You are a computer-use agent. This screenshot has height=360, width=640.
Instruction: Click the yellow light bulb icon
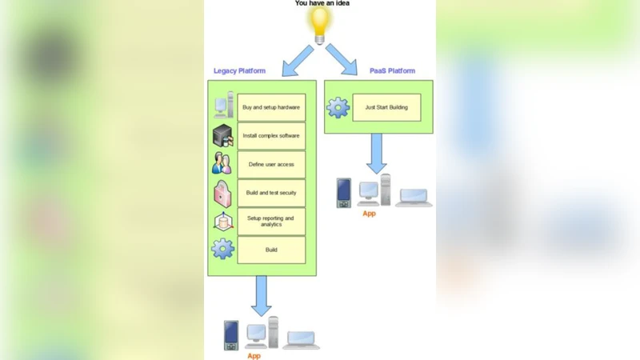point(321,25)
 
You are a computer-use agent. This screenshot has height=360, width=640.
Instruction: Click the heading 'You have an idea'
point(322,3)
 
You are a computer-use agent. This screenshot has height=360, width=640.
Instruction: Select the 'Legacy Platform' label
point(239,71)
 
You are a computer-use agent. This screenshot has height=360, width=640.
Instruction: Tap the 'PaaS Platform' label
point(392,71)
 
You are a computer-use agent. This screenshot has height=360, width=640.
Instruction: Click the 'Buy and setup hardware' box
point(271,107)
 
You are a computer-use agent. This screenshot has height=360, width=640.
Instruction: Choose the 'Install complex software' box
point(271,136)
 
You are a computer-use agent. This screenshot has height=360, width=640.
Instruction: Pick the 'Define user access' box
point(271,165)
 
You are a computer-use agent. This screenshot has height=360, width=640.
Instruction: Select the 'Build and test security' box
point(271,193)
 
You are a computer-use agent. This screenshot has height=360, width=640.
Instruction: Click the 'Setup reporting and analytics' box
point(271,222)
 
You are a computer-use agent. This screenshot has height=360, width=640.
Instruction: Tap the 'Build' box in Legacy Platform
point(271,250)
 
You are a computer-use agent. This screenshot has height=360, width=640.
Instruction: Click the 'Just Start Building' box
point(386,107)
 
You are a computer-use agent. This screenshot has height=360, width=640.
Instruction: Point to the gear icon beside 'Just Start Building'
point(338,107)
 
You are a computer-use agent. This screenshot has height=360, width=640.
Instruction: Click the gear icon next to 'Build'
point(222,249)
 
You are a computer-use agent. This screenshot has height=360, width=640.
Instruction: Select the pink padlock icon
point(222,193)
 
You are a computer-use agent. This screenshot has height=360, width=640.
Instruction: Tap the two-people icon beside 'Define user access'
point(222,164)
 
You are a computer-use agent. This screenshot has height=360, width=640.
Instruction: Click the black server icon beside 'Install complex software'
point(222,136)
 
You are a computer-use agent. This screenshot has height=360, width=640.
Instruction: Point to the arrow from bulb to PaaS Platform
point(342,60)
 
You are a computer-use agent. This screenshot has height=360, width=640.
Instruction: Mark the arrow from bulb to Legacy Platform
point(298,60)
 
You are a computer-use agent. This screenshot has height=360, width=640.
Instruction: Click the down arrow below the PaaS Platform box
point(377,153)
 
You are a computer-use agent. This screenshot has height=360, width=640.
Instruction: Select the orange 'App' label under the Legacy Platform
point(254,356)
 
